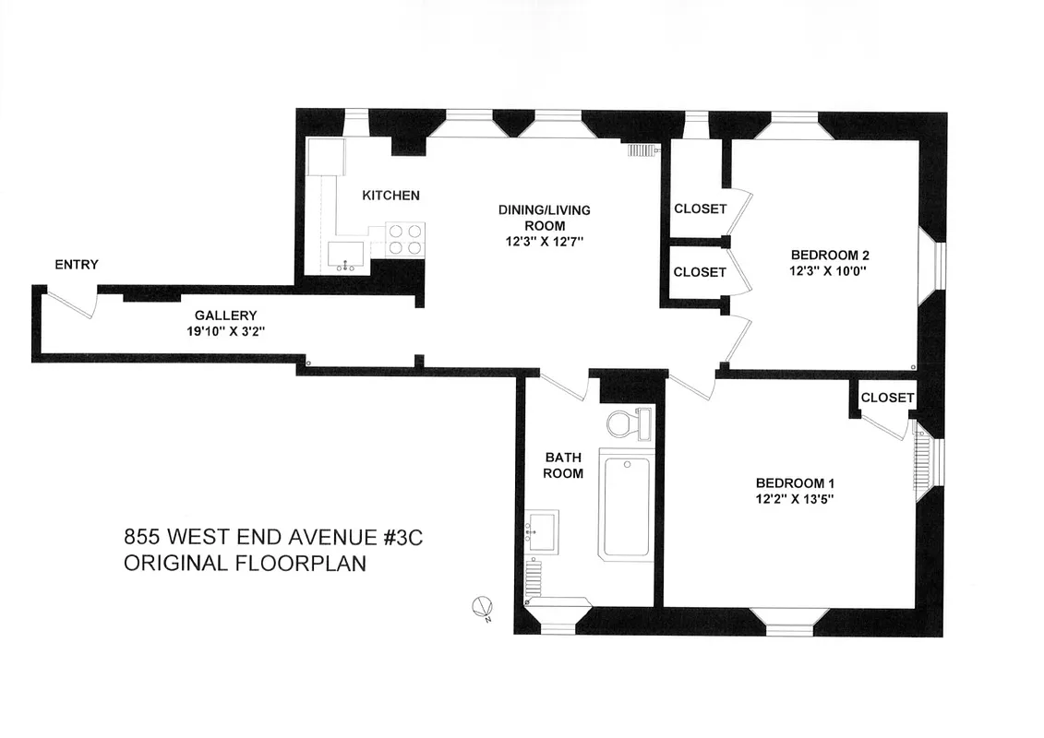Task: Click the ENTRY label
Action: point(77,265)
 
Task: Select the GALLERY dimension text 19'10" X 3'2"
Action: point(225,331)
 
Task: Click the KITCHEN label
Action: point(390,196)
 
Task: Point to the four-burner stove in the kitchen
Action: point(404,240)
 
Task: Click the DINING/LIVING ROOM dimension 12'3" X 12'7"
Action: point(544,241)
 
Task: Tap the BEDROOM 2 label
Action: point(830,256)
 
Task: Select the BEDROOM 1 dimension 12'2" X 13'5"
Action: point(796,500)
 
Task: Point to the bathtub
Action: point(624,504)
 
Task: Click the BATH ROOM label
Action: point(563,465)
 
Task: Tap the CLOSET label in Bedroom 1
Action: point(886,398)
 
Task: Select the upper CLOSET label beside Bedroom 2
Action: point(700,208)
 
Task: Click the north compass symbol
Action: point(481,608)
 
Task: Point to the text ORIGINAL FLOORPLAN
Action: point(245,563)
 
